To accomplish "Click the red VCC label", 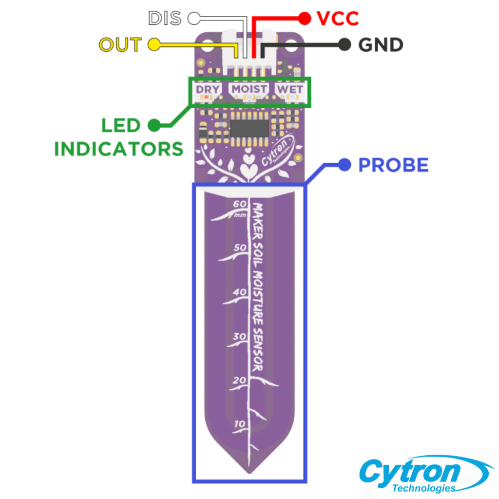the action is pyautogui.click(x=338, y=19).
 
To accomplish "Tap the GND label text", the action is pyautogui.click(x=381, y=45).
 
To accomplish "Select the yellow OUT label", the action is pyautogui.click(x=120, y=44).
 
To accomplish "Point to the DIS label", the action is pyautogui.click(x=165, y=18).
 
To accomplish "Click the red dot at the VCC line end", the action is pyautogui.click(x=305, y=19).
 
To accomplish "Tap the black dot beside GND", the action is pyautogui.click(x=345, y=44).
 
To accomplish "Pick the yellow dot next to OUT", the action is pyautogui.click(x=154, y=44).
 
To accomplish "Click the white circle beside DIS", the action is pyautogui.click(x=194, y=18).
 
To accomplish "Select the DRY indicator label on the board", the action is pyautogui.click(x=208, y=90).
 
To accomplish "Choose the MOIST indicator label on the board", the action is pyautogui.click(x=249, y=89).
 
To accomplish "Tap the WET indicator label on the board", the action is pyautogui.click(x=290, y=90).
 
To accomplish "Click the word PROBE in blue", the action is pyautogui.click(x=393, y=165).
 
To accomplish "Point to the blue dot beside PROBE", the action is pyautogui.click(x=345, y=165).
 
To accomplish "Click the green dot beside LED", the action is pyautogui.click(x=154, y=125).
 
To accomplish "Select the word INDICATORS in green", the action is pyautogui.click(x=119, y=149).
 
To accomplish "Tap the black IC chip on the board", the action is pyautogui.click(x=249, y=129).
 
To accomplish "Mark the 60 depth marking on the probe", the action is pyautogui.click(x=240, y=204).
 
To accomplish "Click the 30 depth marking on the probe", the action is pyautogui.click(x=240, y=336).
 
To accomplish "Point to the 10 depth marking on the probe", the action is pyautogui.click(x=240, y=424).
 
